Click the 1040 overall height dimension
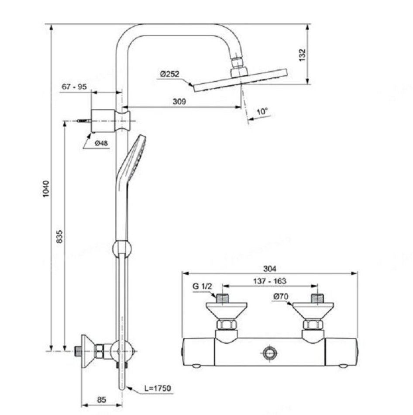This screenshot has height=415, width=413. pos(46,189)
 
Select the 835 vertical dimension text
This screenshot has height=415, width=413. pos(60,237)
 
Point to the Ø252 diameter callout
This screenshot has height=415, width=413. pos(170,74)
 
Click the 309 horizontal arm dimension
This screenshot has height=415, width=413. pos(179,101)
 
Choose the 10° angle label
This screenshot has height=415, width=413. pos(262,111)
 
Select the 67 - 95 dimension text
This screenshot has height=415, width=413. pos(74,86)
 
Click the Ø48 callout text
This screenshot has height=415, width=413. pos(101,143)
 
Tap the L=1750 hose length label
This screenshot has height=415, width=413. pos(158,388)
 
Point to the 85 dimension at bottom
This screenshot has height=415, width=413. pos(101,400)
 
